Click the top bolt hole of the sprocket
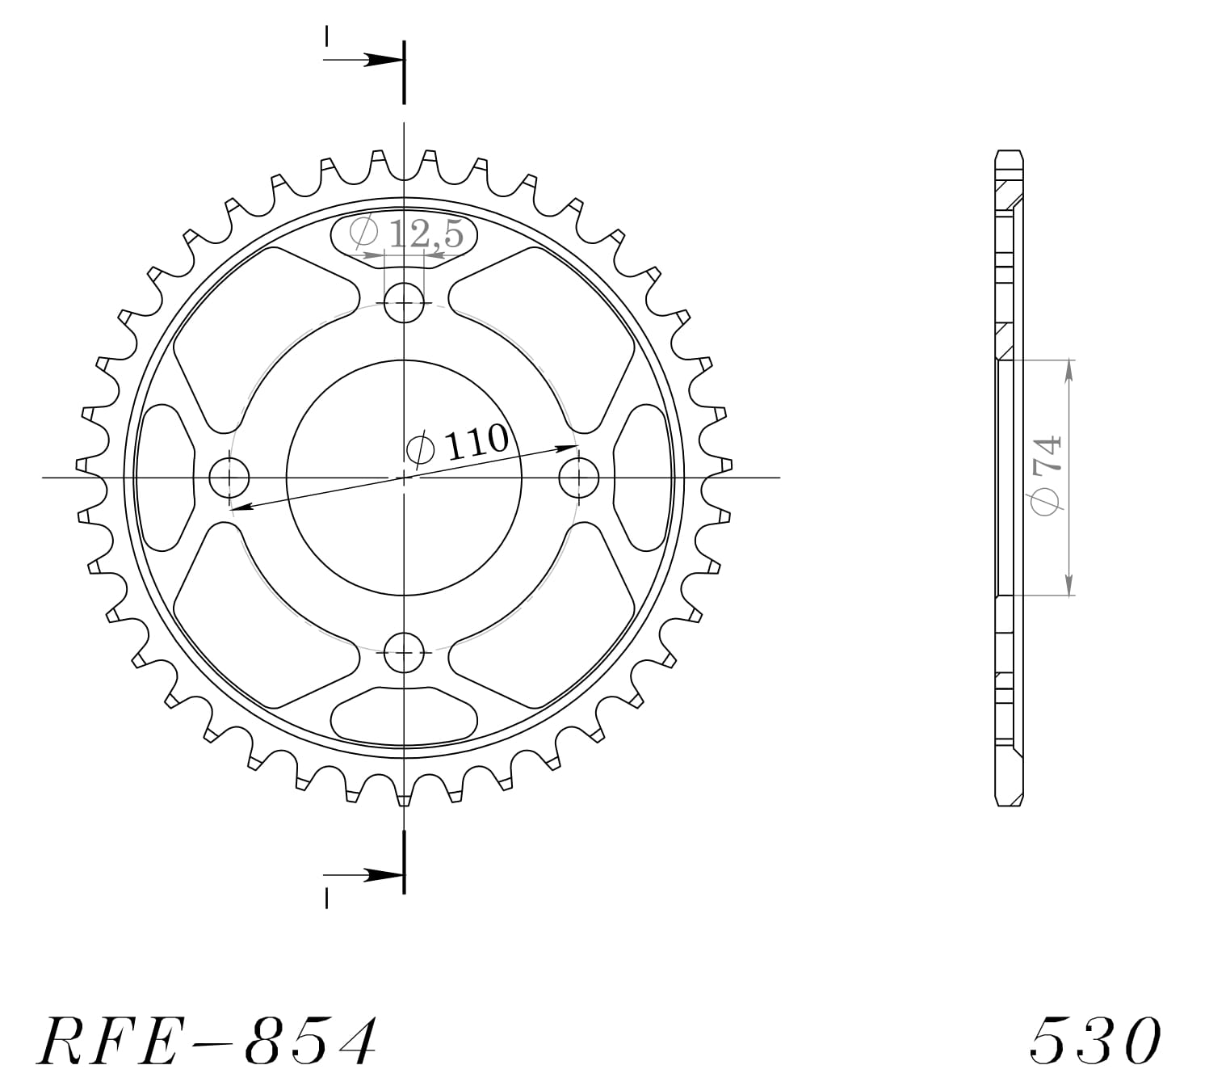(x=404, y=305)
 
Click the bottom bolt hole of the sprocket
(x=404, y=652)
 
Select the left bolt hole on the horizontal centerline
(x=229, y=478)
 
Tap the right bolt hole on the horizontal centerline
(x=579, y=478)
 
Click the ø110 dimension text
(x=459, y=444)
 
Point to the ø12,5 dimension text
(x=407, y=234)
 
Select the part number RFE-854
(x=207, y=1040)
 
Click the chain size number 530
(x=1096, y=1040)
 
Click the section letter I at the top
(x=326, y=36)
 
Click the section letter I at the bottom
(x=326, y=899)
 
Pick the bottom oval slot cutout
(x=404, y=714)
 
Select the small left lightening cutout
(x=166, y=478)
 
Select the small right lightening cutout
(x=643, y=478)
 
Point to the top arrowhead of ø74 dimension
(x=1069, y=368)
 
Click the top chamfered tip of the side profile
(x=1009, y=154)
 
